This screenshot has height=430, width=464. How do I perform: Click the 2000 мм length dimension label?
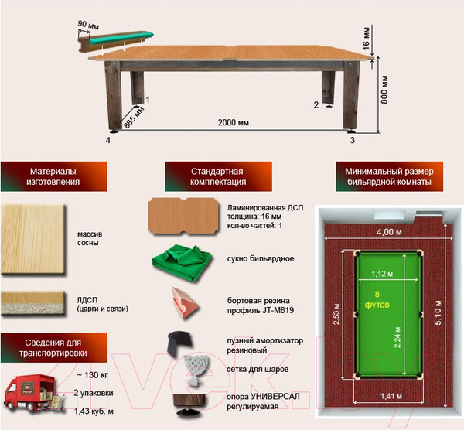coord(234,122)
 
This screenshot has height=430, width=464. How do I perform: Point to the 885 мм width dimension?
coord(134,118)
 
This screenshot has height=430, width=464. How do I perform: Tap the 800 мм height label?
coord(384,90)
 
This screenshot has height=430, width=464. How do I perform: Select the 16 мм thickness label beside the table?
coord(366,39)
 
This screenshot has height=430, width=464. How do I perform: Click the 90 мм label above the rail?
coord(88,25)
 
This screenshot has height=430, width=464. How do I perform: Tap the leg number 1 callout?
coord(148,100)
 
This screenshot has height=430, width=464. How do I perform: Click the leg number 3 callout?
coord(352,140)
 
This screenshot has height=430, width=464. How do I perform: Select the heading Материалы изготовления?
coord(53,176)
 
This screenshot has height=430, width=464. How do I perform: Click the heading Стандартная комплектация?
coord(218,176)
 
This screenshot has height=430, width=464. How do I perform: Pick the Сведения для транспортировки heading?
coord(53,348)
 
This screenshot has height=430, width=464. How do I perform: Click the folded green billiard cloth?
coord(182,262)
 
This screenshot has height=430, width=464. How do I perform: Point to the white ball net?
coord(196,370)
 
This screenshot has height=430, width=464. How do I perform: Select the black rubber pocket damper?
coord(179,343)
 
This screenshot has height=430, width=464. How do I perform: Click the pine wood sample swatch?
coord(32,239)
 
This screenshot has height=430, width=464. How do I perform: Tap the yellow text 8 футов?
coord(377,299)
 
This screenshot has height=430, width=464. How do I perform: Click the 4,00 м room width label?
coord(389,232)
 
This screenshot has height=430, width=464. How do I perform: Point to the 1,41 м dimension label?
coord(391,396)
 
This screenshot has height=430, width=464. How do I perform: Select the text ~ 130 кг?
coord(92,375)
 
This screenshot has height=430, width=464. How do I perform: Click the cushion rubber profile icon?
coord(186,302)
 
